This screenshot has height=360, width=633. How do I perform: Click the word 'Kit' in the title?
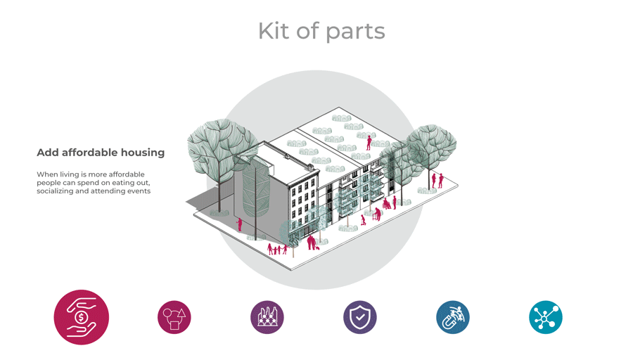pos(271,32)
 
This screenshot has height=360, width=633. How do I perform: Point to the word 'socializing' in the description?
pos(56,191)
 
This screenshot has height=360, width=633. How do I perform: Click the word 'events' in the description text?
pos(138,191)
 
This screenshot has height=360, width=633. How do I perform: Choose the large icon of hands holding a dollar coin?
pos(82,317)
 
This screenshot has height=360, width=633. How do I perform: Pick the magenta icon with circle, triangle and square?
pos(174,317)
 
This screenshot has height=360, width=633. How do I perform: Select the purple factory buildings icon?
pos(267,317)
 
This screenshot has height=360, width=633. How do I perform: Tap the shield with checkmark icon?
pos(360,317)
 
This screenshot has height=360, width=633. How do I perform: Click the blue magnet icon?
pos(453,317)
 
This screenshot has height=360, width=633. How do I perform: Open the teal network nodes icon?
pos(546,317)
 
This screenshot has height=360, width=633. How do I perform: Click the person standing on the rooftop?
pos(369,143)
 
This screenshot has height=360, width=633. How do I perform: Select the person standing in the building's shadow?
pos(240,224)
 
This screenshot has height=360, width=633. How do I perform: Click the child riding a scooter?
pos(363,220)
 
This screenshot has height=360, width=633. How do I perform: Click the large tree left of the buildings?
pos(222,151)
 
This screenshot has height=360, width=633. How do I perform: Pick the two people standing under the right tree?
pos(437,180)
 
